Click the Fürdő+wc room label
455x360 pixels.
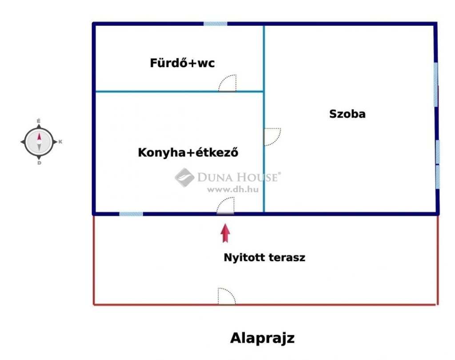point(182,63)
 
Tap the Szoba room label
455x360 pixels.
point(347,114)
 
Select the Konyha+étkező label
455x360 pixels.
point(188,152)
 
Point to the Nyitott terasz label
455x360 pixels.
point(264,257)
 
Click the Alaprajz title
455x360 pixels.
point(262,338)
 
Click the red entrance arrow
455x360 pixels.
point(225,233)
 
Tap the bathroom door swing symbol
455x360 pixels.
point(227,83)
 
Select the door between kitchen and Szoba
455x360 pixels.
point(272,137)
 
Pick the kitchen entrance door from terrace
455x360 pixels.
point(225,206)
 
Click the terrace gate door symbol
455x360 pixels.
point(227,296)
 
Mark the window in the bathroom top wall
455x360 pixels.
point(216,24)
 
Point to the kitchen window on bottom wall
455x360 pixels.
point(131,214)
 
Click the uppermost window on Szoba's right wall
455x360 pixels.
point(435,85)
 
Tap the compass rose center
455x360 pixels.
point(39,142)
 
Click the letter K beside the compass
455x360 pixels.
point(60,142)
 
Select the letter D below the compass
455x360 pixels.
point(39,163)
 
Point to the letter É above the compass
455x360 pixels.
point(39,121)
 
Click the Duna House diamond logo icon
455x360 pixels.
point(184,178)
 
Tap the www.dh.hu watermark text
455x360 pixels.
point(233,190)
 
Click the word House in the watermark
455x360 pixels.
point(257,177)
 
